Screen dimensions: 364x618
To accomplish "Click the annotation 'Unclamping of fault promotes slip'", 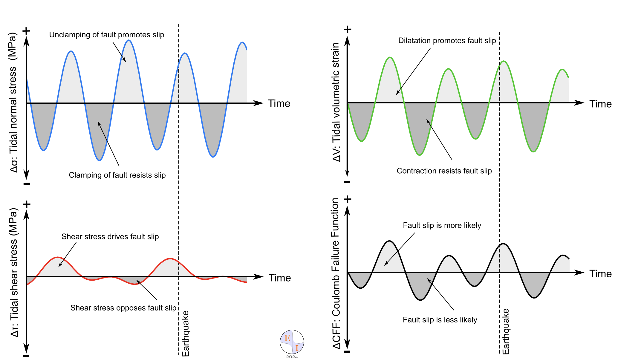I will point(106,35).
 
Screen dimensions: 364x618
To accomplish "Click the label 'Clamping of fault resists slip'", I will point(117,175).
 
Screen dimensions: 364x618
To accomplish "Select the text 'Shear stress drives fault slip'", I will point(110,237).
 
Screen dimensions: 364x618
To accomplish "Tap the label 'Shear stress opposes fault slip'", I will point(123,308).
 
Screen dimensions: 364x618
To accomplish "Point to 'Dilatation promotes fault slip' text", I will point(447,41).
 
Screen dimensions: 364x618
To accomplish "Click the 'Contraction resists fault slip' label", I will point(444,171).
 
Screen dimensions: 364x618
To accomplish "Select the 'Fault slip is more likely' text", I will point(442,225).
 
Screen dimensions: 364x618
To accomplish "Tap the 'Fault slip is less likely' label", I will point(440,320).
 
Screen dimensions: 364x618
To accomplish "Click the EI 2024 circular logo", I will point(292,342).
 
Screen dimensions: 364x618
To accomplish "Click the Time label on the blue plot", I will point(279,104).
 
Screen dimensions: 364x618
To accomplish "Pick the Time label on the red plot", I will point(279,278).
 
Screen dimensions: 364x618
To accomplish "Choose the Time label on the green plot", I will point(600,104).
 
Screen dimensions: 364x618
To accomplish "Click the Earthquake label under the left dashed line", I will point(186,334).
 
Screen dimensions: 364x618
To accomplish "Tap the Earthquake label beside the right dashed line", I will point(506,332).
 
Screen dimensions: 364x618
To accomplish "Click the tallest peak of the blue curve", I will point(129,40).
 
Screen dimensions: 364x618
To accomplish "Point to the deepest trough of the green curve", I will point(420,155).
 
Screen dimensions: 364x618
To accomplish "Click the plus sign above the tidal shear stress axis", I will point(27,204).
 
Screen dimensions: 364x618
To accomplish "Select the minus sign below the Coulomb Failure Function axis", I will point(347,352).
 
